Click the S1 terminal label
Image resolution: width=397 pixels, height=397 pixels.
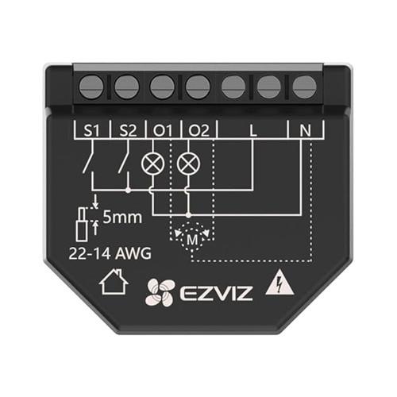tap(91, 130)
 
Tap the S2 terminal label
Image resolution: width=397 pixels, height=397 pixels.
tap(128, 130)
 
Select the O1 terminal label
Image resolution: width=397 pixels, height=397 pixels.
tap(163, 130)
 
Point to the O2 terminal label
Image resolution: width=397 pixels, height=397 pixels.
tap(198, 130)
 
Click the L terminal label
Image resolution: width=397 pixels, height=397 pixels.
tap(253, 130)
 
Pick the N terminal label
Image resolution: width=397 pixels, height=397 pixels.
tap(305, 130)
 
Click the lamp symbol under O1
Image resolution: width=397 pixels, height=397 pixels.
tap(152, 164)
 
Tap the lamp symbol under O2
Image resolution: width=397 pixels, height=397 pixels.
tap(188, 164)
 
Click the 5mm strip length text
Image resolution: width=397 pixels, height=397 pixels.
tap(122, 217)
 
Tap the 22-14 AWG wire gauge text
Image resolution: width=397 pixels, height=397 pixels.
tap(110, 253)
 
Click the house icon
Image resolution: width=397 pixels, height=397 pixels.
tap(114, 281)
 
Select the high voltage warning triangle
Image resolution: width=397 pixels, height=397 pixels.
tap(279, 283)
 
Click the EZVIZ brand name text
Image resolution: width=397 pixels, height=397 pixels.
tap(216, 294)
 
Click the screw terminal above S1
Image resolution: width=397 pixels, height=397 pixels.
tap(91, 87)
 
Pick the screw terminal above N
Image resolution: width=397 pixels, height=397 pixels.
tap(304, 87)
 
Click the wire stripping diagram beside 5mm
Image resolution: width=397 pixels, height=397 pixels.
tap(86, 222)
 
